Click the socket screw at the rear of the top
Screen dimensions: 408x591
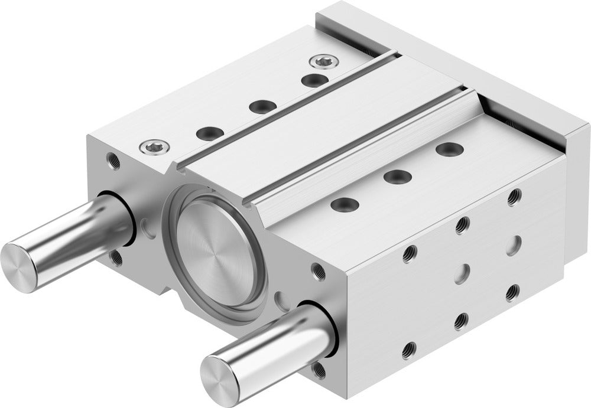[323, 60]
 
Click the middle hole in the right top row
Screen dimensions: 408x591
[397, 176]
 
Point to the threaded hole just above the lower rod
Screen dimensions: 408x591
[319, 272]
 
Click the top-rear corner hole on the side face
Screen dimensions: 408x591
[514, 197]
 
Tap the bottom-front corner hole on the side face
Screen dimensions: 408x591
[408, 351]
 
